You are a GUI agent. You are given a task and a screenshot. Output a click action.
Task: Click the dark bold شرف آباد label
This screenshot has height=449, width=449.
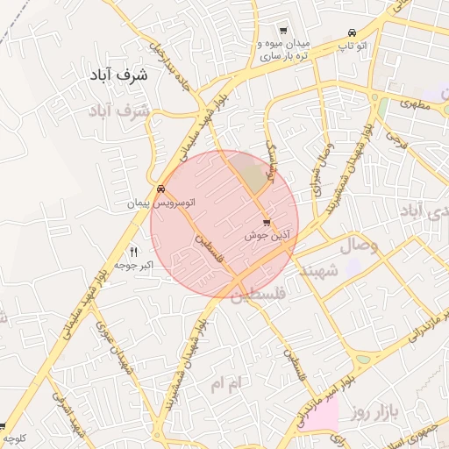[121, 75]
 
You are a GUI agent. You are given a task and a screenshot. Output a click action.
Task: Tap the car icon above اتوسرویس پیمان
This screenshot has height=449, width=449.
[160, 189]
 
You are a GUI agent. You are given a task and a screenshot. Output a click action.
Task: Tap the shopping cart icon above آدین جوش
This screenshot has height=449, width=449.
[267, 223]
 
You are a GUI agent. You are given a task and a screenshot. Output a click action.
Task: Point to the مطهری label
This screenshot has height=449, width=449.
[417, 103]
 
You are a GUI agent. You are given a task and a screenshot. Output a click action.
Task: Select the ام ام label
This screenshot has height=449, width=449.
[231, 383]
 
